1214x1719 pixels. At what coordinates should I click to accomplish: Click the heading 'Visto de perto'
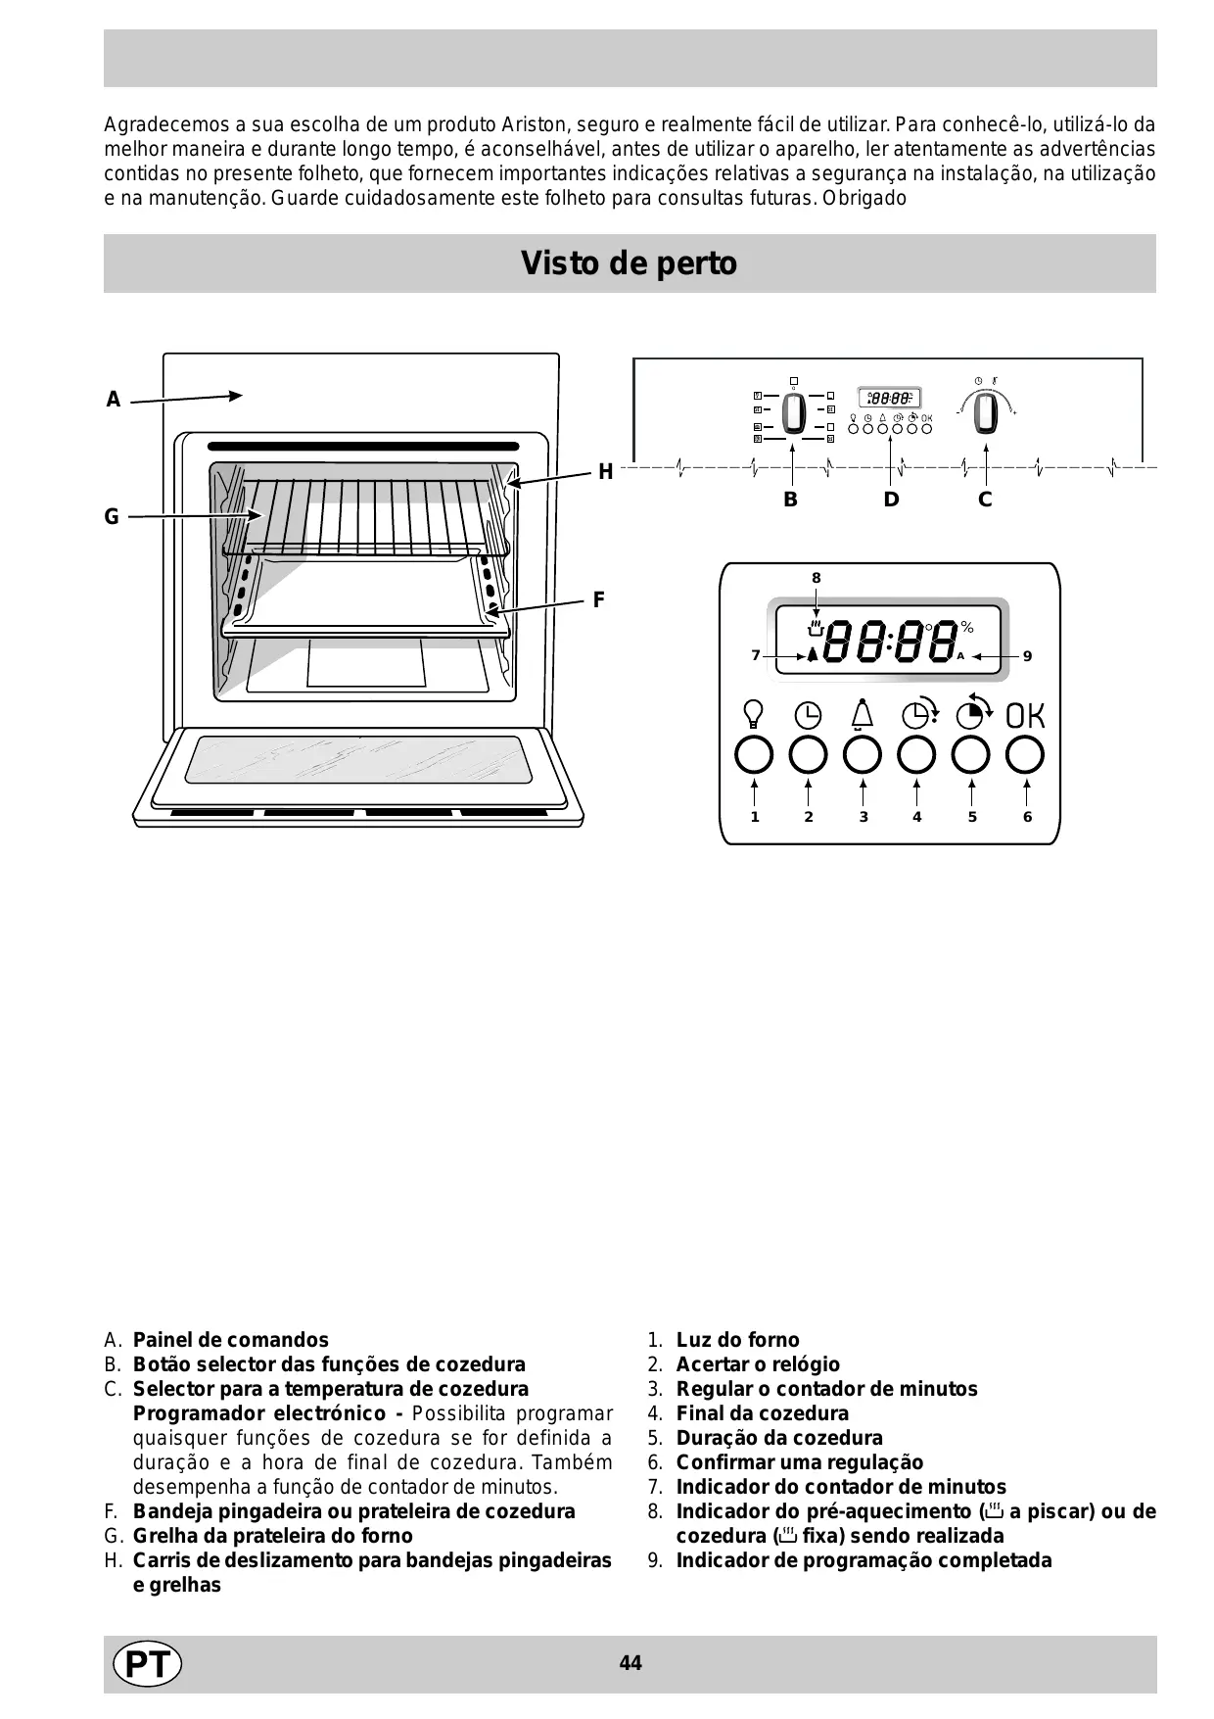coord(629,263)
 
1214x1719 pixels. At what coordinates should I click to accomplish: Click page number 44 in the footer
coord(630,1663)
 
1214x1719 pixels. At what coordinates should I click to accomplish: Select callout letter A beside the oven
coord(114,400)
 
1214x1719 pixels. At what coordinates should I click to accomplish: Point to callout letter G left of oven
coord(112,516)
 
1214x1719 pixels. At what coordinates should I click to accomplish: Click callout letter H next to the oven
coord(605,472)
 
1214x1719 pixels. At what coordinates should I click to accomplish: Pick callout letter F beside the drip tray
coord(599,599)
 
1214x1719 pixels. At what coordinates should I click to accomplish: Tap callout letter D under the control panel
coord(890,500)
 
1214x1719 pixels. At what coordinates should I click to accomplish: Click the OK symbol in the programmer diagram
coord(1025,716)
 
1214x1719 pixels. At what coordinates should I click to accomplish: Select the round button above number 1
coord(754,755)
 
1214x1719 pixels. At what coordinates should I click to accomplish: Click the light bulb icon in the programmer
coord(754,714)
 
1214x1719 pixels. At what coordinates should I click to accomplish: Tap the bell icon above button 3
coord(862,714)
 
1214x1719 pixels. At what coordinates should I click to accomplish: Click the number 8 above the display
coord(816,578)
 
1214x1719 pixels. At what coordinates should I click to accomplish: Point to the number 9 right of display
coord(1027,656)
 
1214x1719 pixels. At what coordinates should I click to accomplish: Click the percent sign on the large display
coord(967,627)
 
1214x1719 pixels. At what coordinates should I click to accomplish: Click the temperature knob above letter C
coord(987,413)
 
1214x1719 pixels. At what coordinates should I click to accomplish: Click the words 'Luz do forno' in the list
coord(737,1340)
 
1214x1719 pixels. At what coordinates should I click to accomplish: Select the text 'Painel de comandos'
coord(231,1340)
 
